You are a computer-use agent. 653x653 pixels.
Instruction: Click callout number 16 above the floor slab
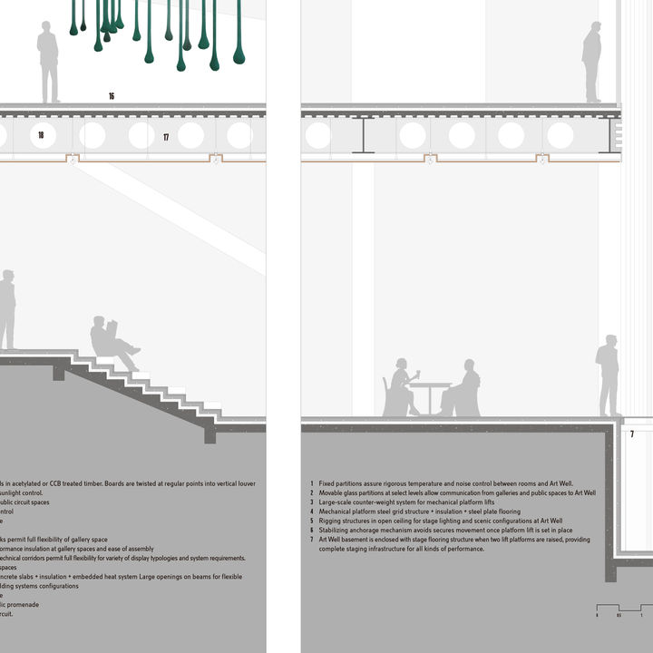coord(112,95)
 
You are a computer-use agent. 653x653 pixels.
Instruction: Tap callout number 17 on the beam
coord(166,137)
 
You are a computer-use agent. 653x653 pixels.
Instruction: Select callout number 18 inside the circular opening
coord(41,135)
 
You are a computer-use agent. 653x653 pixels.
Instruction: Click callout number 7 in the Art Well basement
coord(632,434)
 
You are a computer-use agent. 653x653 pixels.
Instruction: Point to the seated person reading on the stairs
coord(112,342)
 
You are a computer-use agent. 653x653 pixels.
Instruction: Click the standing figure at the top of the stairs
coord(6,309)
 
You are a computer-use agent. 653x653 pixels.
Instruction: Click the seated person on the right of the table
coord(464,390)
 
